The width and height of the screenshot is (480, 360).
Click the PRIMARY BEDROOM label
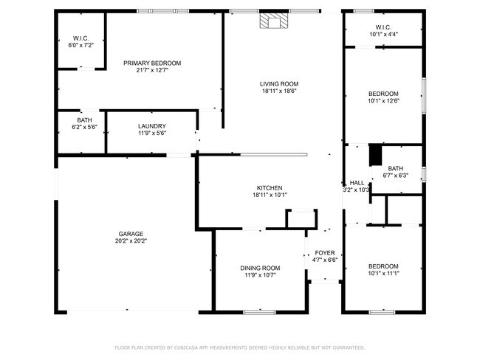[152, 63]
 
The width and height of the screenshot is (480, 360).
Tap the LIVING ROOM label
[278, 84]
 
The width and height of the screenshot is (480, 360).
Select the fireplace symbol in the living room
[273, 21]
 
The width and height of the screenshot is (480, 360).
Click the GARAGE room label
[131, 234]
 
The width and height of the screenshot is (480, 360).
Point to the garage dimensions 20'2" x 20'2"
[131, 241]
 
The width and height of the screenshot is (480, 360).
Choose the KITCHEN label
[269, 188]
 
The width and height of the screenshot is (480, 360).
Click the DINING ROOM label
[260, 268]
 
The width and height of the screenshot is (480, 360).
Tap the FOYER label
[325, 252]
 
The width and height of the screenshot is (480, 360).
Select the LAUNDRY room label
[151, 126]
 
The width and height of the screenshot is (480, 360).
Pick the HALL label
[357, 183]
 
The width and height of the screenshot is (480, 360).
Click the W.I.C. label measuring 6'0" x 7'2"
[80, 38]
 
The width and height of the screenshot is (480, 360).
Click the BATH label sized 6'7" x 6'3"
[396, 168]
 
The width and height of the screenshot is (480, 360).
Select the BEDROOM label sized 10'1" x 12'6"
[383, 94]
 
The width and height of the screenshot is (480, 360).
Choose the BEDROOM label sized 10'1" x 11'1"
[383, 266]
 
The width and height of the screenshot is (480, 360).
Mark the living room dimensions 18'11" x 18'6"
[278, 91]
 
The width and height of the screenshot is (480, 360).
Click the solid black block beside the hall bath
[374, 154]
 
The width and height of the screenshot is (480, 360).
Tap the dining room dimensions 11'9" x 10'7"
[260, 275]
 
